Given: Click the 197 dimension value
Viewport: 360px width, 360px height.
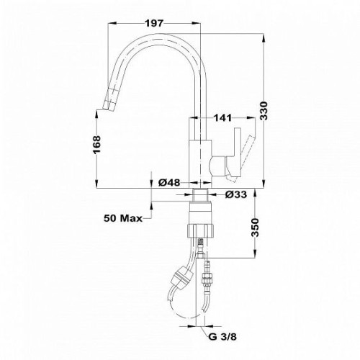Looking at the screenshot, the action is pos(154,23).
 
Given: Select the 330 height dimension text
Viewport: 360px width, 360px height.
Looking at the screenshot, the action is pos(264,110).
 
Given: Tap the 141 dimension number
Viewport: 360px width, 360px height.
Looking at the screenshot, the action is pos(222,118).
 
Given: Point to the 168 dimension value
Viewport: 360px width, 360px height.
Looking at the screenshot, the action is pos(96,145).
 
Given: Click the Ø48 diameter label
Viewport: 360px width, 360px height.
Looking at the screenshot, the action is pos(169,183).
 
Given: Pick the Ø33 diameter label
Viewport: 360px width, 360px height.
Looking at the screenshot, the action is pos(236,194).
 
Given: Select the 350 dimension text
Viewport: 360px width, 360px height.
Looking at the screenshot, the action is pos(256,228).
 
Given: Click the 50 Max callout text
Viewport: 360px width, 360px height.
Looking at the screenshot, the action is pos(123,218).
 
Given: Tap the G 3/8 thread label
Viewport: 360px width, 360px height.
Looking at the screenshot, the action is pos(222,337).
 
